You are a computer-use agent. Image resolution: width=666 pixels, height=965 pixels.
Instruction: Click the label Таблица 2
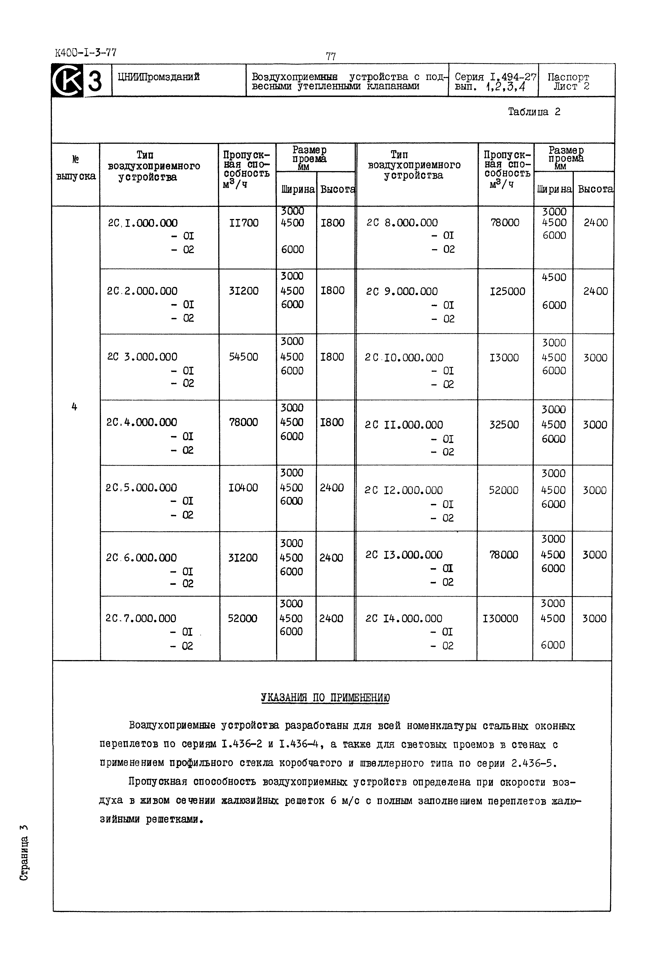point(534,112)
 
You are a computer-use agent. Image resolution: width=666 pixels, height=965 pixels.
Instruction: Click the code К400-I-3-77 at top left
point(85,52)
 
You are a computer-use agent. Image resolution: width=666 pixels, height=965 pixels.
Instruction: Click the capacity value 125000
point(508,291)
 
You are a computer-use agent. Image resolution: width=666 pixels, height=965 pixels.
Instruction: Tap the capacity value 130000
point(500,618)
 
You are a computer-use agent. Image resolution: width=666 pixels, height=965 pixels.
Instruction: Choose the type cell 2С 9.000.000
point(402,291)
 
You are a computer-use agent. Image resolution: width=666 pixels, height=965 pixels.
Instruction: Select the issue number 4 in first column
point(74,407)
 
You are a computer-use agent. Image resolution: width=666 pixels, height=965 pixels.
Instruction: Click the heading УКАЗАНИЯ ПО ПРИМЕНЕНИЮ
point(325,698)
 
